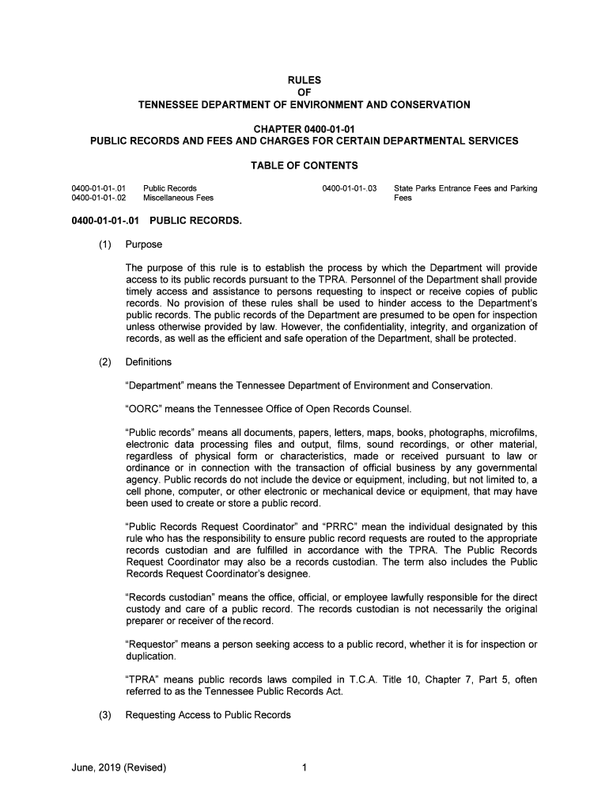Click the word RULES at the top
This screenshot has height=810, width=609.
click(304, 79)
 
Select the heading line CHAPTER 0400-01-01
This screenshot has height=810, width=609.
click(304, 128)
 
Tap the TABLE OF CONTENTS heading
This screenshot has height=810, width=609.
click(304, 165)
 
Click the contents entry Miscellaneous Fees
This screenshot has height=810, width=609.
click(178, 198)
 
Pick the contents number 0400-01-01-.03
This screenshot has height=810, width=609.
click(350, 188)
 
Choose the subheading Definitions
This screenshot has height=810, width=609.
click(149, 362)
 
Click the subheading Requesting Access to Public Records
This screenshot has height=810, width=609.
click(208, 715)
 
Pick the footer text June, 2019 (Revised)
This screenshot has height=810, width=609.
click(119, 766)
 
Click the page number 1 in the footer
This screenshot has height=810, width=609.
click(304, 766)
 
